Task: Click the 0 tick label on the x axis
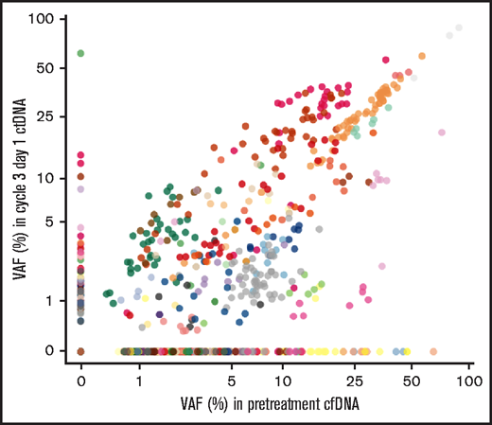pos(81,381)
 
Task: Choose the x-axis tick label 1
pos(139,381)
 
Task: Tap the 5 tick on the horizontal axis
pos(232,381)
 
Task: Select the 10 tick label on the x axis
pos(283,381)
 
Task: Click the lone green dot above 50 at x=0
pos(81,54)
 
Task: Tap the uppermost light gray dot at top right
pos(460,28)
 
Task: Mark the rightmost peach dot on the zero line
pos(432,351)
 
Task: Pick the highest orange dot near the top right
pos(421,57)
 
